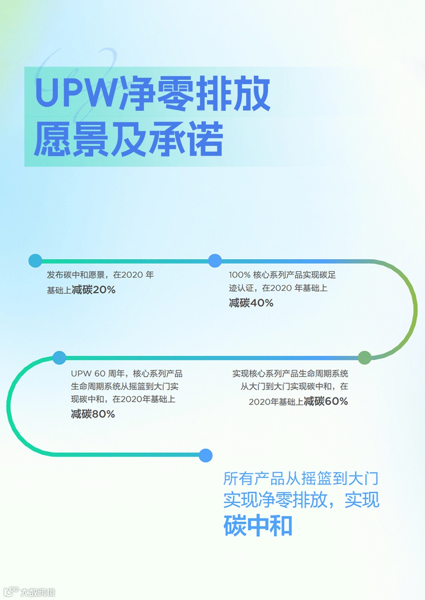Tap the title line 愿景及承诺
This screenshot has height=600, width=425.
click(x=128, y=139)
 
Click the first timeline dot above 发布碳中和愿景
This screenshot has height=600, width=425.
click(x=35, y=261)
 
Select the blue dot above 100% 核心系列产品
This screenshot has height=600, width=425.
click(x=214, y=261)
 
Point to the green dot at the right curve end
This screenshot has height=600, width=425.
click(x=365, y=358)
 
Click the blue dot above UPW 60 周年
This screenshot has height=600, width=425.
click(x=59, y=358)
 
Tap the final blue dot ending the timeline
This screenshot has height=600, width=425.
click(x=205, y=455)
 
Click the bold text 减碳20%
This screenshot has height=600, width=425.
click(x=94, y=290)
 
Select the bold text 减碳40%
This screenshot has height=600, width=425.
click(x=251, y=303)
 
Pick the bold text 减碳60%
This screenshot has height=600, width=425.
click(x=326, y=401)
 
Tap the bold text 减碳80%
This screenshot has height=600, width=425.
click(x=93, y=414)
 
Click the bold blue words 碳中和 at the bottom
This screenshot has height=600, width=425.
click(x=258, y=526)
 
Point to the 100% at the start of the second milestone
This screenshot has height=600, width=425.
click(x=240, y=275)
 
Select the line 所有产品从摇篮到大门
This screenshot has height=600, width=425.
click(x=301, y=479)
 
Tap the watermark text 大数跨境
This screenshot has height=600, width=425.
click(x=38, y=592)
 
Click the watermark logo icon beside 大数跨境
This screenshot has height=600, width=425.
click(x=11, y=591)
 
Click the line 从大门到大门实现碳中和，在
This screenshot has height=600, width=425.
click(x=294, y=386)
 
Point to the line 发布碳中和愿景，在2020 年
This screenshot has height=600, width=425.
click(x=100, y=275)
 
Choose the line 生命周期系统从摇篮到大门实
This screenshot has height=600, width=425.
click(x=125, y=386)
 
